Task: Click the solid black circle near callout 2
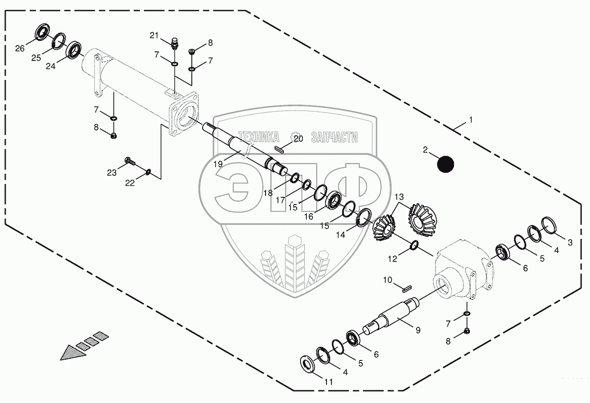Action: click(446, 164)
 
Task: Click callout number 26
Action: click(20, 48)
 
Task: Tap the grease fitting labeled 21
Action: click(175, 43)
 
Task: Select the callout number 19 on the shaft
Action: click(218, 164)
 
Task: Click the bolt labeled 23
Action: click(130, 161)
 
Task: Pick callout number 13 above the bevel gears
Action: click(398, 197)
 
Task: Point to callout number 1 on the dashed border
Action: click(470, 120)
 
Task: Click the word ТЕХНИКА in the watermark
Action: click(259, 137)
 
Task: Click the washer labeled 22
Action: click(148, 172)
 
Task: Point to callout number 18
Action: click(268, 193)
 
